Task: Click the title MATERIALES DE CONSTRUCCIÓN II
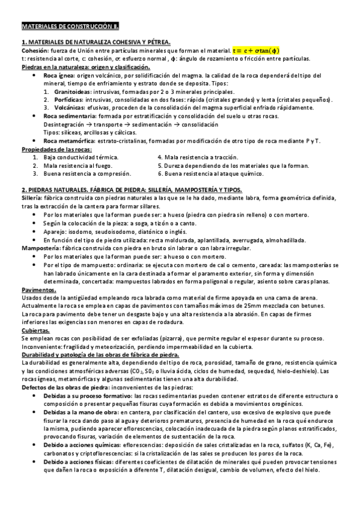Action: pyautogui.click(x=70, y=27)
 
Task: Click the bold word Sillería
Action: pyautogui.click(x=32, y=198)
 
